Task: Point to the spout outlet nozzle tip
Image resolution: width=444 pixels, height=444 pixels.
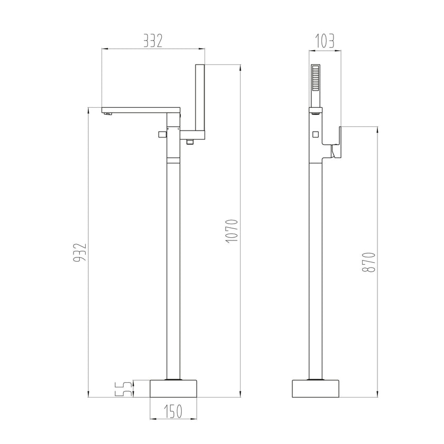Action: pyautogui.click(x=108, y=113)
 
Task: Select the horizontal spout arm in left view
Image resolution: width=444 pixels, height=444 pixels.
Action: pyautogui.click(x=140, y=110)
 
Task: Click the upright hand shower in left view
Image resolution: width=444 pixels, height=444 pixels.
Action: pyautogui.click(x=200, y=98)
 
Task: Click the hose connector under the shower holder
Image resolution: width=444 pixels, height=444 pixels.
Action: pyautogui.click(x=189, y=141)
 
